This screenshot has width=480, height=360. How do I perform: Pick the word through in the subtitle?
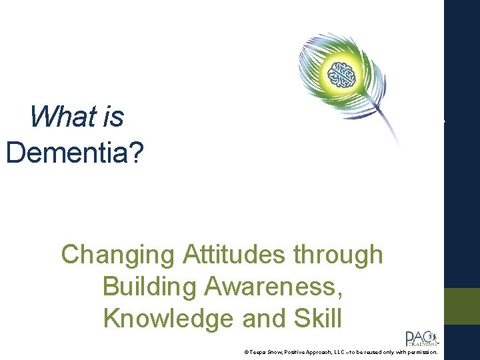(341, 255)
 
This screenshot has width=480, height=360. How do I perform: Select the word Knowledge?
(179, 319)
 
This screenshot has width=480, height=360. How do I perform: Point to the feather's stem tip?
(401, 143)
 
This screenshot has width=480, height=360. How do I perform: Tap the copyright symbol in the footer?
(246, 352)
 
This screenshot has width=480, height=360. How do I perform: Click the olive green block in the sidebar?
(463, 306)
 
